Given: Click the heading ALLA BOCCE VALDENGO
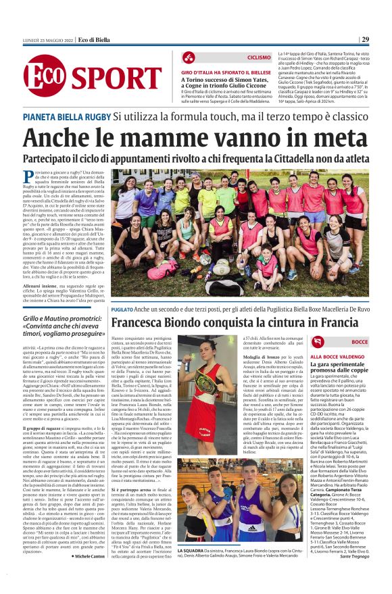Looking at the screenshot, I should click(x=337, y=356).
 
